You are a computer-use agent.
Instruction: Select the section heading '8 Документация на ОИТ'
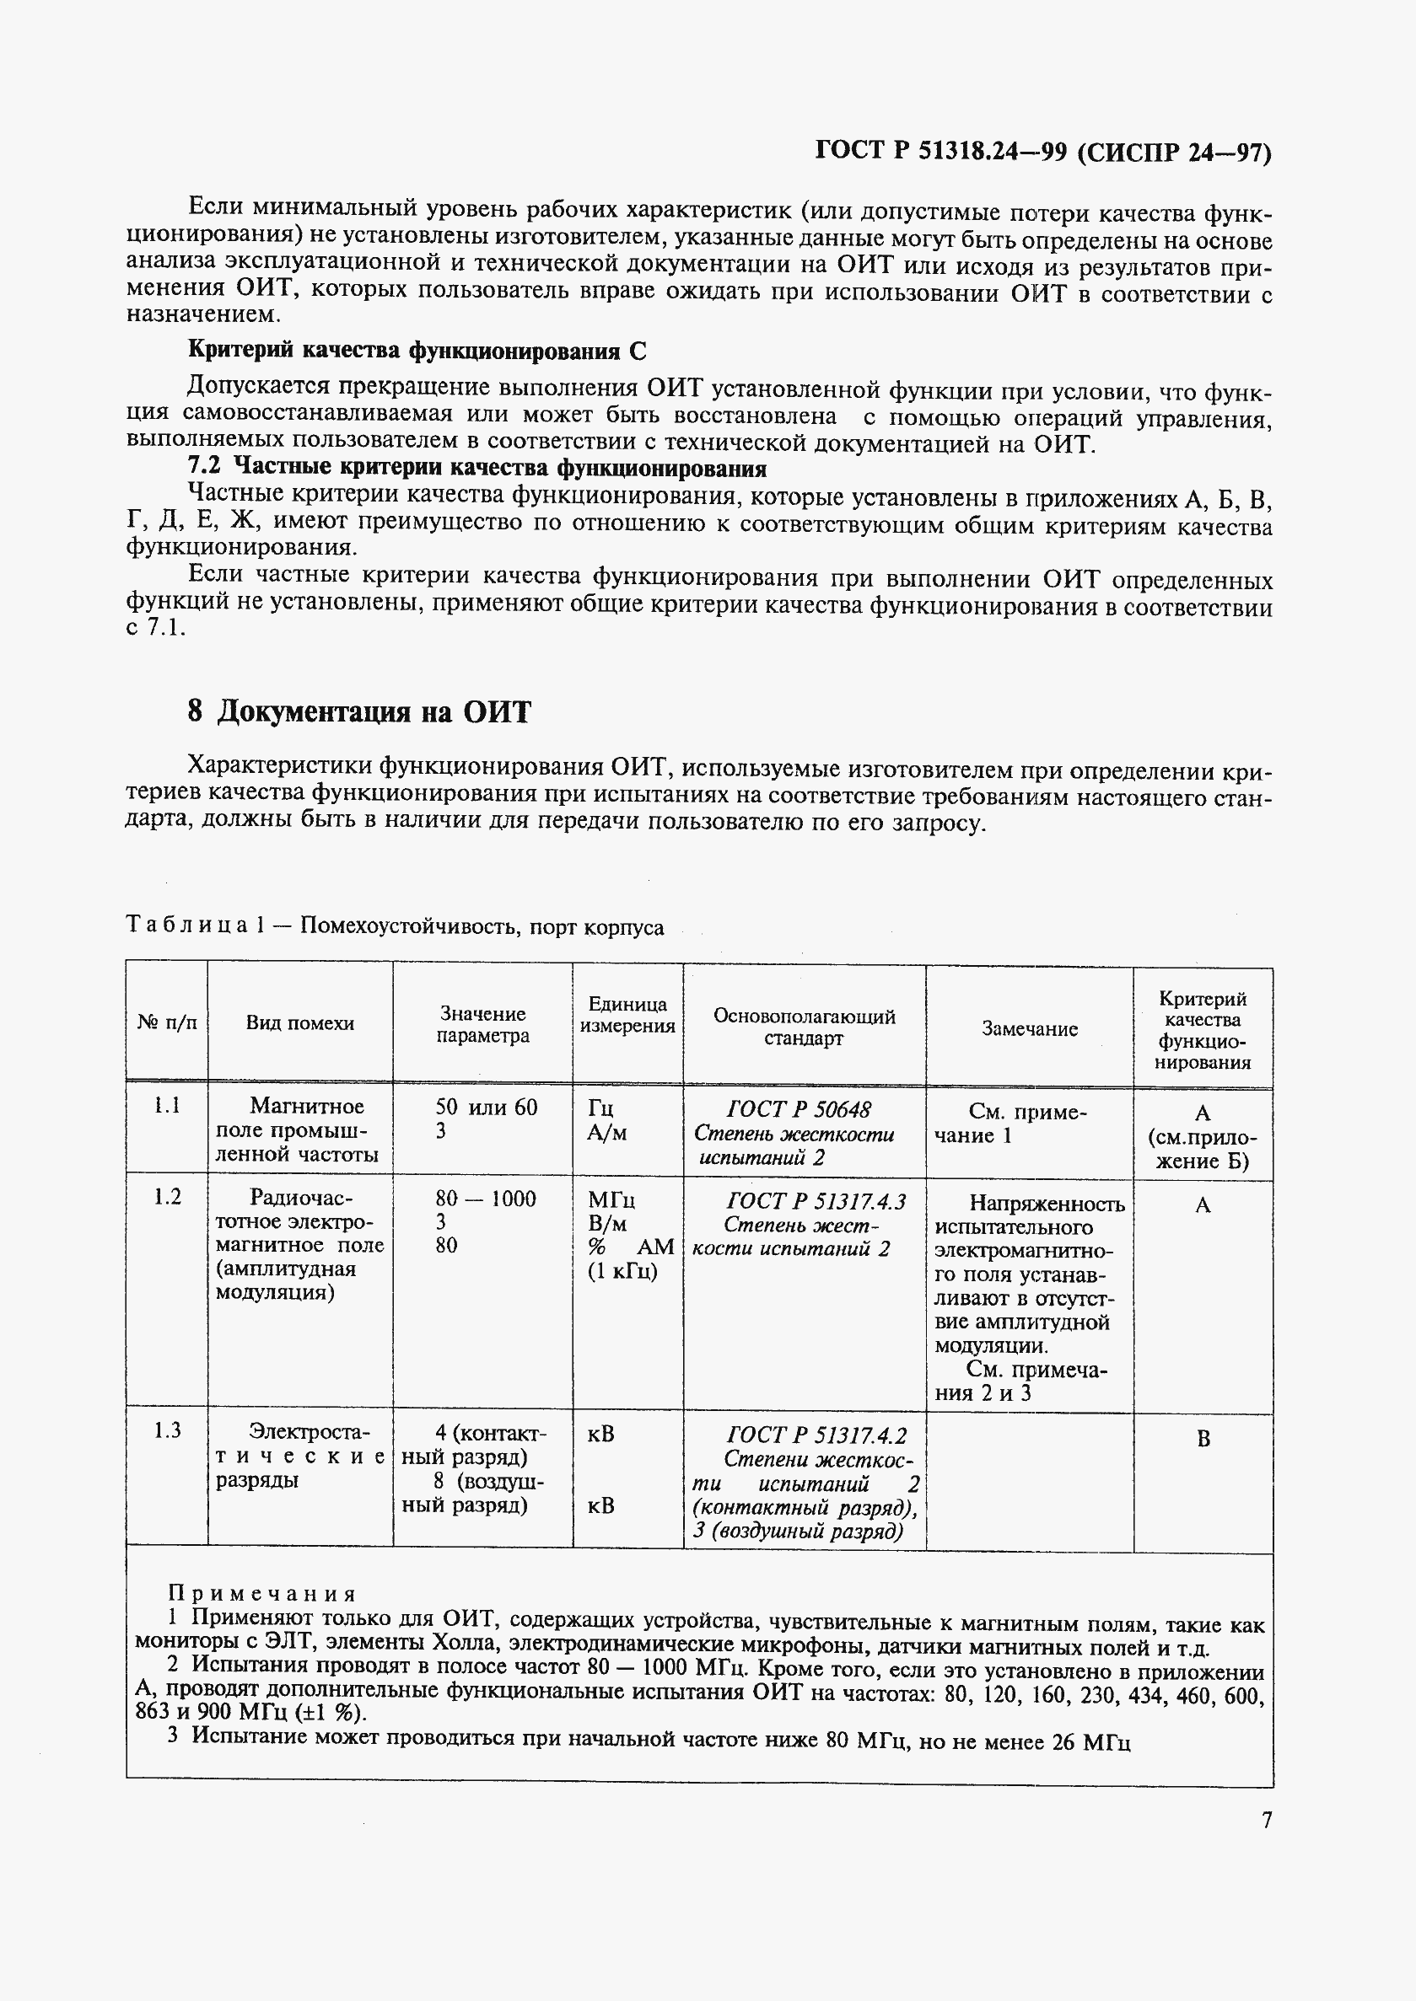click(x=358, y=712)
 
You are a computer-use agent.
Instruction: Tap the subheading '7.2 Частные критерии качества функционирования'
click(x=477, y=469)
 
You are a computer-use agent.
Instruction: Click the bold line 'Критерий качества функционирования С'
click(x=417, y=351)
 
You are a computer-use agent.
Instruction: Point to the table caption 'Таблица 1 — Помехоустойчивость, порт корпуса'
click(x=394, y=926)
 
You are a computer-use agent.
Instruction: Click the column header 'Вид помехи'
click(x=299, y=1023)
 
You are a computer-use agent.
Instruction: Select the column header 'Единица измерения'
click(x=627, y=1015)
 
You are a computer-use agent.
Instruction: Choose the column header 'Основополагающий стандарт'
click(x=803, y=1027)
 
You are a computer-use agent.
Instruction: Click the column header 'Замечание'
click(x=1029, y=1028)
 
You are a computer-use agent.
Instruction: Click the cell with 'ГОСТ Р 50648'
click(x=798, y=1108)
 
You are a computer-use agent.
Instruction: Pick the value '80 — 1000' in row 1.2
click(x=485, y=1199)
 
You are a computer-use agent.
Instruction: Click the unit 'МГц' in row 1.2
click(x=611, y=1200)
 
